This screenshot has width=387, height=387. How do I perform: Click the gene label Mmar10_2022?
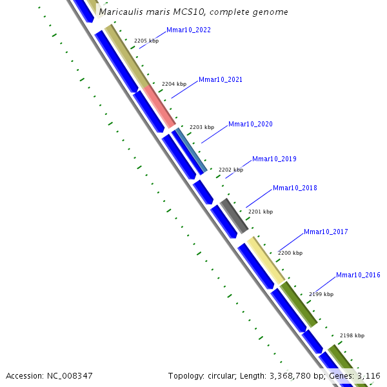coord(188,30)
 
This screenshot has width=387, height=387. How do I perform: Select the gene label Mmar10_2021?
coord(221,80)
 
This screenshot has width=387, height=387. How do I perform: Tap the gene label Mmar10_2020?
coord(250,124)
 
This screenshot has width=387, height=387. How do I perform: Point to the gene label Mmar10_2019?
coord(274,159)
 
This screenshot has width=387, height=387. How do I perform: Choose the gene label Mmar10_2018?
coord(295,188)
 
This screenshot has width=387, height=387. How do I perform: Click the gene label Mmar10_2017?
coord(326,232)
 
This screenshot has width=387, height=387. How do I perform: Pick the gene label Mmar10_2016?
coord(358,275)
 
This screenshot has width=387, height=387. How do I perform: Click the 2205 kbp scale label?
coord(146,41)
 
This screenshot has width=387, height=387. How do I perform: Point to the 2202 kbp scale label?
coord(231,170)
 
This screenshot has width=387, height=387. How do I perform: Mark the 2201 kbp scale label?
coord(261,212)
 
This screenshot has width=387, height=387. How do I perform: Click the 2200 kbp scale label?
coord(290,253)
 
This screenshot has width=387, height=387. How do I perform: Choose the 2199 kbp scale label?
coord(321,294)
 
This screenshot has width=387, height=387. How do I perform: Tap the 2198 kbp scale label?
coord(352,335)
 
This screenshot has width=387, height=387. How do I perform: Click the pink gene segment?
coord(159,106)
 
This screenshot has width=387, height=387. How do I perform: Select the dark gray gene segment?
coord(234,216)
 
